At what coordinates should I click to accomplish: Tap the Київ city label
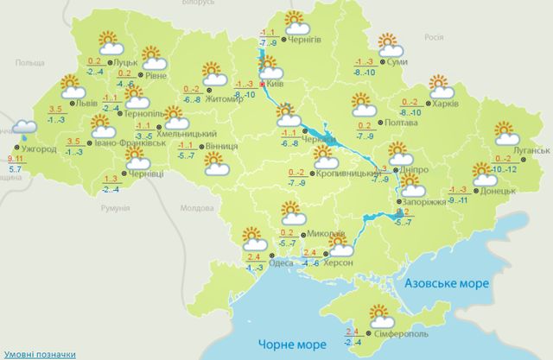(x=276, y=85)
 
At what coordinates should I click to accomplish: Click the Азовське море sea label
(x=447, y=283)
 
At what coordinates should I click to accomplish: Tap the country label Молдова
(x=194, y=208)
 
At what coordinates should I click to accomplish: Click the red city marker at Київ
(x=262, y=85)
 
